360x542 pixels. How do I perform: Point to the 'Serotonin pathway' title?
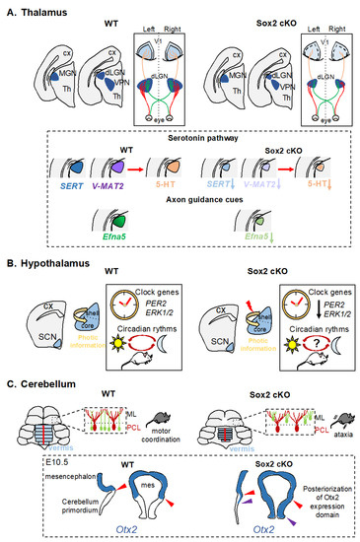coord(178,159)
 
